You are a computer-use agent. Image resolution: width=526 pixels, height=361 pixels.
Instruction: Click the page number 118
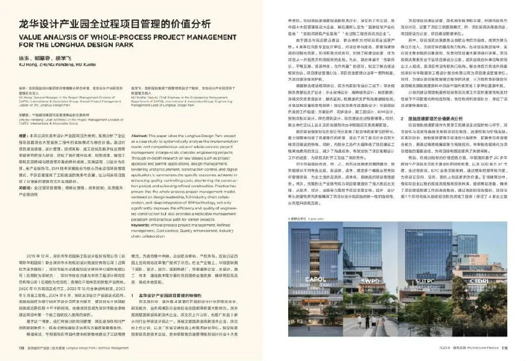pos(11,354)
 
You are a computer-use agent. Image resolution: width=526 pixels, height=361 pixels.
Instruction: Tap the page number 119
pos(515,354)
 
